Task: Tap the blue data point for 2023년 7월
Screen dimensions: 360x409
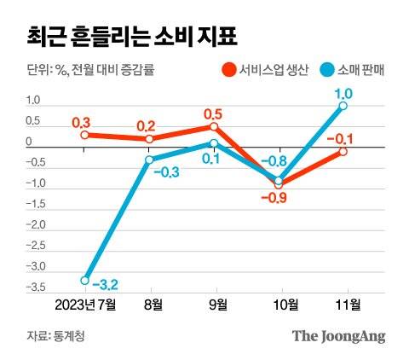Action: tap(84, 280)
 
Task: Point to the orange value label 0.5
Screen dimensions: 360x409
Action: tap(214, 113)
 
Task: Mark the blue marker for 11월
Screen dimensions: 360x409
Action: tap(343, 106)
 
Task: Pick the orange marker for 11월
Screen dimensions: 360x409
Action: tap(343, 151)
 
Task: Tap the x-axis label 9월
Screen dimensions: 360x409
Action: tap(216, 305)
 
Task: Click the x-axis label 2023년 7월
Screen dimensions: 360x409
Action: tap(83, 305)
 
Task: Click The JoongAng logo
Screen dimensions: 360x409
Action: tap(338, 335)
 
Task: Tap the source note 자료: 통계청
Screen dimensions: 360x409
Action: tap(50, 336)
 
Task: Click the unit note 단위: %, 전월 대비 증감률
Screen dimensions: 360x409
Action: tap(85, 70)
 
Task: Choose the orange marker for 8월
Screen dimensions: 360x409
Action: tap(149, 139)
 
